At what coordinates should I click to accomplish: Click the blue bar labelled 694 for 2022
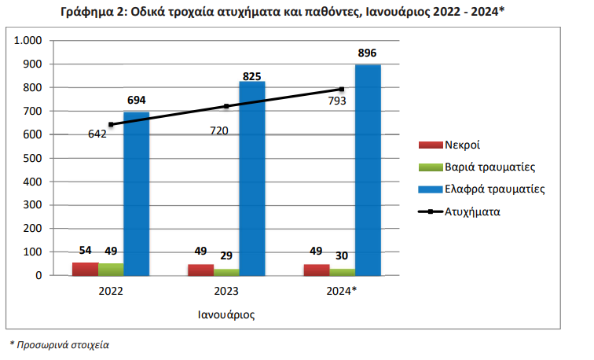[x=137, y=197]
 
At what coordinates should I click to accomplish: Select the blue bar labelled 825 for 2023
[x=252, y=181]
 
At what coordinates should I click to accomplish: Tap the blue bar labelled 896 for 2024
[x=368, y=173]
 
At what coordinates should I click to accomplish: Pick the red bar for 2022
[x=85, y=269]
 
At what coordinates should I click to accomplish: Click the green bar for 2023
[x=226, y=272]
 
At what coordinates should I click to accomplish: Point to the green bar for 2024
[x=342, y=272]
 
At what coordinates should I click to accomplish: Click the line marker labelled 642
[x=111, y=124]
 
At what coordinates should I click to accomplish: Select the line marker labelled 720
[x=226, y=106]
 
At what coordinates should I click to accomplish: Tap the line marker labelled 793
[x=342, y=89]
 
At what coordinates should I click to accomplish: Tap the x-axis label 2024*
[x=342, y=291]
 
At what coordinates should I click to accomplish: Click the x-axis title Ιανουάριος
[x=226, y=314]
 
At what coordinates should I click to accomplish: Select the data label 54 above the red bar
[x=86, y=251]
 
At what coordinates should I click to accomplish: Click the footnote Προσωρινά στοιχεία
[x=63, y=344]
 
